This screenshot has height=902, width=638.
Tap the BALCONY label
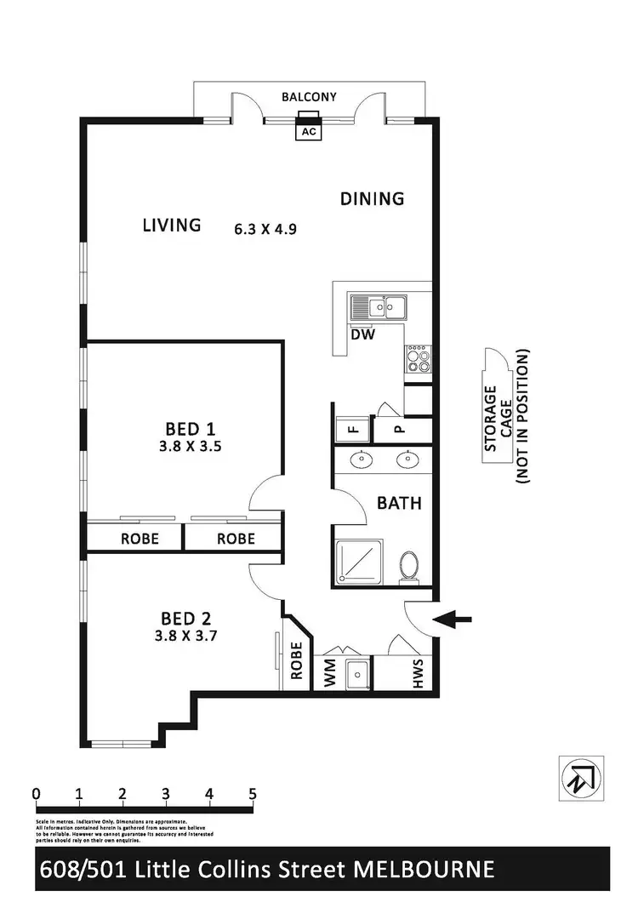(309, 97)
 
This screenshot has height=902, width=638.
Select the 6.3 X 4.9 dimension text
(265, 228)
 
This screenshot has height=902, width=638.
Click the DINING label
(372, 199)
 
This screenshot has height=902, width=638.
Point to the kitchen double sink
(379, 306)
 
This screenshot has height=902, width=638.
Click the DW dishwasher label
(363, 334)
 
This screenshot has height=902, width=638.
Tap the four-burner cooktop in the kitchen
(418, 362)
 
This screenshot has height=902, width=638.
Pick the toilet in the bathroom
(409, 565)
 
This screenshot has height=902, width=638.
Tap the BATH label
(399, 503)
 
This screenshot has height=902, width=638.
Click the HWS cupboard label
(418, 675)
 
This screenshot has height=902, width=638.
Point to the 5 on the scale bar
(252, 794)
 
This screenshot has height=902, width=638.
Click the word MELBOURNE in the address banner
(425, 870)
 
